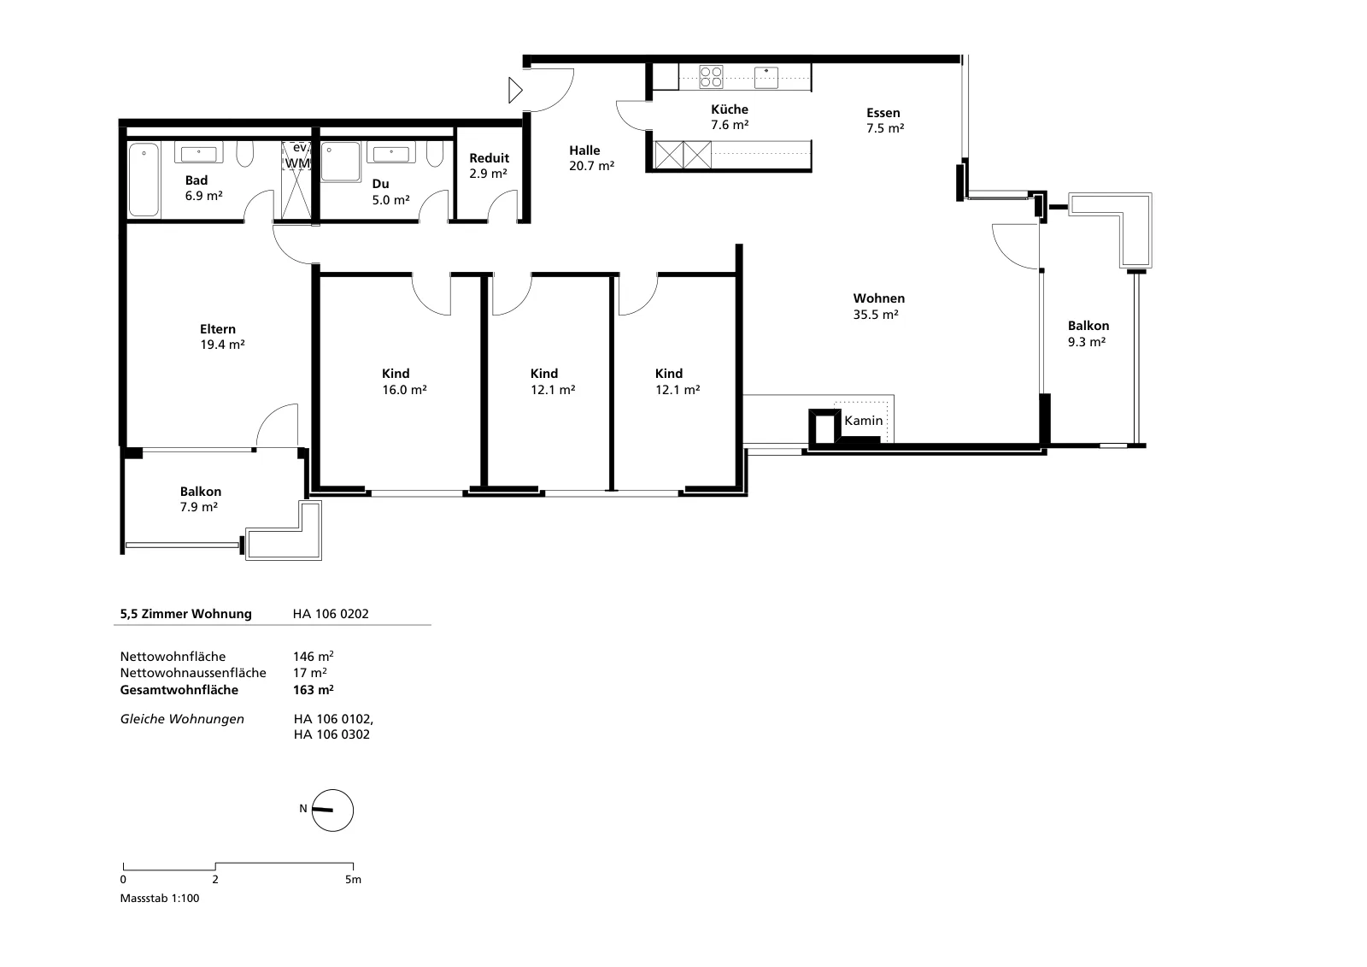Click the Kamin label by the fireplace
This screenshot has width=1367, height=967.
pos(863,421)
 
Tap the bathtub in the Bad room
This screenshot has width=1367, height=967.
pos(144,180)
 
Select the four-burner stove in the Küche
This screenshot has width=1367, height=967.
pos(711,77)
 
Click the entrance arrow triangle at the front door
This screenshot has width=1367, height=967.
pos(516,91)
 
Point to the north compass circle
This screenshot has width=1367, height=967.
pos(332,810)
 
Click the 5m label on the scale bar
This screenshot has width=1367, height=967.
pos(354,880)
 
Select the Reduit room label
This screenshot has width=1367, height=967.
pos(489,158)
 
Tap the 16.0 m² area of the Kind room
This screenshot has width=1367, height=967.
pos(404,390)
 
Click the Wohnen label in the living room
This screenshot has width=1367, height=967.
pos(879,298)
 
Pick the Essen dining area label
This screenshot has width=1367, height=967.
pos(883,112)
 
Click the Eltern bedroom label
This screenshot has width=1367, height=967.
pos(218,328)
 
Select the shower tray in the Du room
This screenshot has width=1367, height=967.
pos(341,162)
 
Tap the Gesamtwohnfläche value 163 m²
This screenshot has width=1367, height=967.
pos(313,690)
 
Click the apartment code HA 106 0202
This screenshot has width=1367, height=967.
pos(331,613)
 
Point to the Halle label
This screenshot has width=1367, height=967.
pos(584,150)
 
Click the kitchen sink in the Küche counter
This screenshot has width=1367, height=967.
pos(766,78)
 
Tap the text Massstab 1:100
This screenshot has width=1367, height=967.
pos(160,898)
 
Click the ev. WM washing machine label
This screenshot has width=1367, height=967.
pos(298,155)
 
